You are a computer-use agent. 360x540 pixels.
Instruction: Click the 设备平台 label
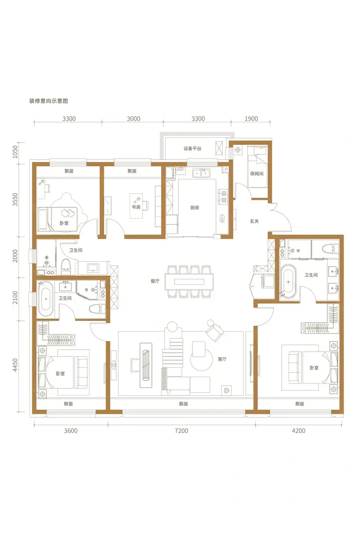(192, 148)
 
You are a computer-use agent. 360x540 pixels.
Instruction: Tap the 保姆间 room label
(257, 174)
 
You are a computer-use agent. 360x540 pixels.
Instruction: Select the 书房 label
(136, 207)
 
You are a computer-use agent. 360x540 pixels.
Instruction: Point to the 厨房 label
(194, 208)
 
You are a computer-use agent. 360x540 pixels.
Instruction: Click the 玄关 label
(254, 221)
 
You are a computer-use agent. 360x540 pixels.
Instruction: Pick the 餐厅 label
(155, 281)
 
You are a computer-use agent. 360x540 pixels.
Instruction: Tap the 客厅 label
(222, 359)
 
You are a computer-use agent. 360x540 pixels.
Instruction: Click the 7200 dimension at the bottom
(181, 430)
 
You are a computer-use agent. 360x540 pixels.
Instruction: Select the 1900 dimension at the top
(251, 119)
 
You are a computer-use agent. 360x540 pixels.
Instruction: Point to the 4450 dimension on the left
(15, 365)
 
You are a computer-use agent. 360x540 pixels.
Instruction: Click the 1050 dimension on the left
(15, 152)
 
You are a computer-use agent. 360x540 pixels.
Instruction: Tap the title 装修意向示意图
(49, 101)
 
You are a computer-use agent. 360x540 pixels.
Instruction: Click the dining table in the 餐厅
(189, 282)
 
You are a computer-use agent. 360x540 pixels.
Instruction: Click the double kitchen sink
(201, 173)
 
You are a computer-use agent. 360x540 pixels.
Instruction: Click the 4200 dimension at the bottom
(299, 430)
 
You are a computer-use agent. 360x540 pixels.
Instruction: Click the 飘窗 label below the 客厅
(183, 403)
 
